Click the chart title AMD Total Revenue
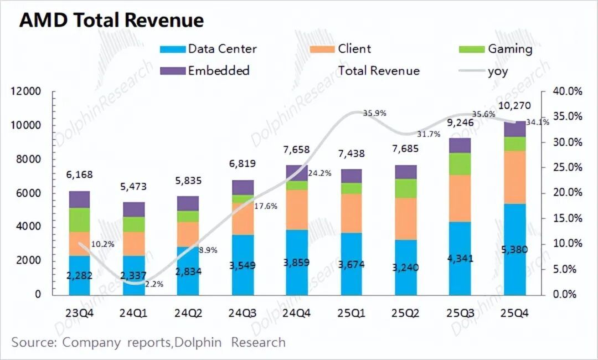click(x=111, y=20)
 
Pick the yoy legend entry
click(x=497, y=70)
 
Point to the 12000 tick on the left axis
click(x=26, y=91)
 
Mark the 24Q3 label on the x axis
click(x=243, y=313)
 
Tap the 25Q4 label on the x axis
click(x=515, y=313)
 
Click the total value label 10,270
click(x=515, y=106)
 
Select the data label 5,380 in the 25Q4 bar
click(x=515, y=250)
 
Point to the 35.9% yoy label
click(x=374, y=114)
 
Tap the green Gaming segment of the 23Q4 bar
click(x=80, y=220)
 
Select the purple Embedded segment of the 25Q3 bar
click(x=460, y=145)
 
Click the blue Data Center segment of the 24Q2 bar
click(x=188, y=258)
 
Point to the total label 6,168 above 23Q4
click(x=80, y=175)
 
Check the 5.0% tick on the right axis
click(x=568, y=269)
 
